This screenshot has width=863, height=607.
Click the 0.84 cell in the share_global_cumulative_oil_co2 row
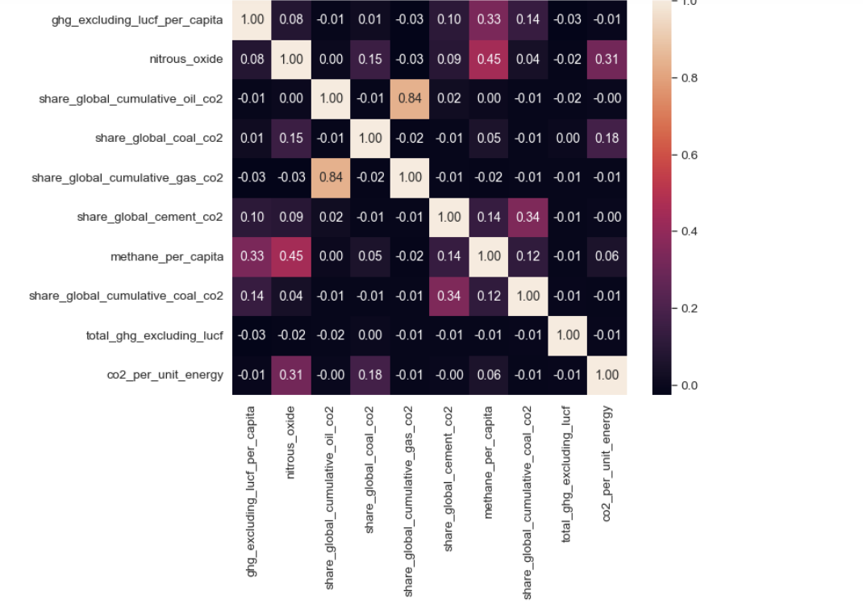point(410,98)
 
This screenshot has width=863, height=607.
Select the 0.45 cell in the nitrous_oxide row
point(489,59)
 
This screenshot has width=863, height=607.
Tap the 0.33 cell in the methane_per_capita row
point(252,256)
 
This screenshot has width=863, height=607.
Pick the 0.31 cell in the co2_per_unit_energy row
point(291,375)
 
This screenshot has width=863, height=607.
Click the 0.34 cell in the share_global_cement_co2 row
point(528,217)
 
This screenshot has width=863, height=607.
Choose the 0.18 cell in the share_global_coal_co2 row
point(607,138)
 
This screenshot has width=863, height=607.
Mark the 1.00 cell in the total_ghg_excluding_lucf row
point(568,335)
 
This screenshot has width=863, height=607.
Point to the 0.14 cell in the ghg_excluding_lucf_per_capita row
point(528,19)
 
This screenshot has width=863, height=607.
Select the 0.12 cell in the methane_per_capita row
point(528,256)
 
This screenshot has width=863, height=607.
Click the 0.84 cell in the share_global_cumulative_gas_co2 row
point(331,177)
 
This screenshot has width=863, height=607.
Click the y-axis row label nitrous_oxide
point(186,59)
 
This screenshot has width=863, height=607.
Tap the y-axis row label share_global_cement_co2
point(150,217)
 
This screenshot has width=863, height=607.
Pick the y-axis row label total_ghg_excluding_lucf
point(154,335)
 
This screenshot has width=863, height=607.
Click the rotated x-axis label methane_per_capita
point(489,451)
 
